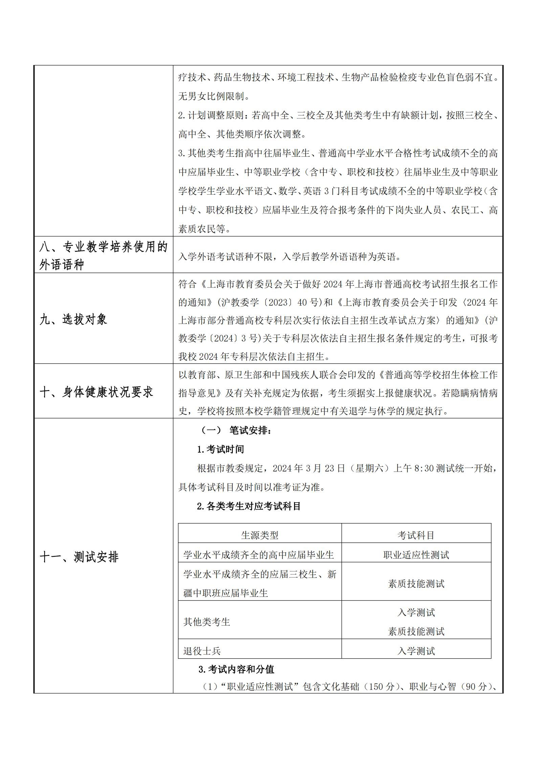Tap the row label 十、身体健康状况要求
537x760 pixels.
(96, 392)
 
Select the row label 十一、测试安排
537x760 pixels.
(79, 557)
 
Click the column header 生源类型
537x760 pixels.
(260, 535)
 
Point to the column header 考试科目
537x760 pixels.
(416, 535)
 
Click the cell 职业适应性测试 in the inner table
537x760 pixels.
(416, 555)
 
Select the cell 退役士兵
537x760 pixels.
(202, 651)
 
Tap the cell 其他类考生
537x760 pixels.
(207, 622)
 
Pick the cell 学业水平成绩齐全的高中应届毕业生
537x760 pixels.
(259, 555)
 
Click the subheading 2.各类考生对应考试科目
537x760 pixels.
(249, 506)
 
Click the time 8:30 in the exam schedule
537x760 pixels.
(424, 469)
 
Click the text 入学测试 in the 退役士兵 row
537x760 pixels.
(416, 651)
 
